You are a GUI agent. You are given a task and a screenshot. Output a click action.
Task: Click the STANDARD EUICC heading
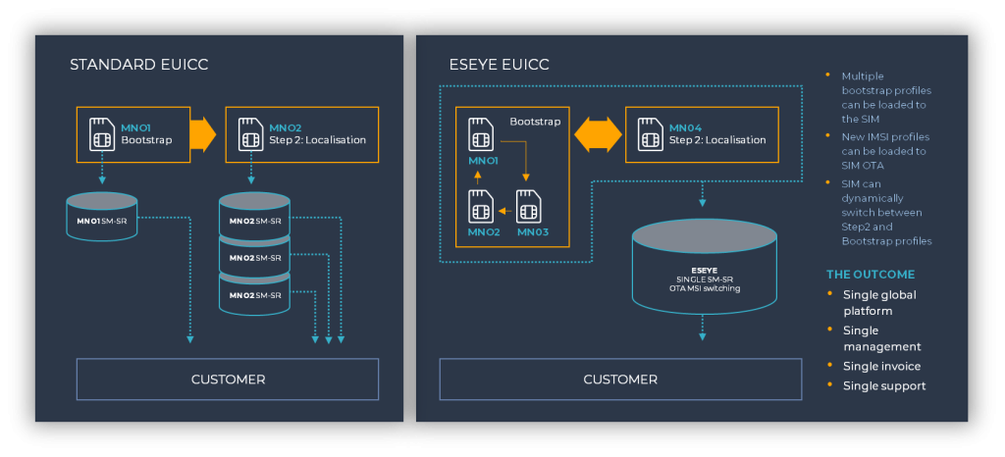pyautogui.click(x=138, y=66)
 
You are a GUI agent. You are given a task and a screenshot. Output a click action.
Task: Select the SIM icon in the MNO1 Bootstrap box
pyautogui.click(x=101, y=134)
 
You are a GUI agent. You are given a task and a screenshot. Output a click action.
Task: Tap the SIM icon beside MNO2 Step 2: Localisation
pyautogui.click(x=250, y=134)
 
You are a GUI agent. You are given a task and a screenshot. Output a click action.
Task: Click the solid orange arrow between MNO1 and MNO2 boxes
pyautogui.click(x=202, y=134)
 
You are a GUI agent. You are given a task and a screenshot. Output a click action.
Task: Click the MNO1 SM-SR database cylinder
pyautogui.click(x=102, y=219)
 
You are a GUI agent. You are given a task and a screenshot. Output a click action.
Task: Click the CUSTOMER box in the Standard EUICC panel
pyautogui.click(x=228, y=379)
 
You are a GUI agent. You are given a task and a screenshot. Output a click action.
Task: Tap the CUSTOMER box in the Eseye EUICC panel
pyautogui.click(x=620, y=379)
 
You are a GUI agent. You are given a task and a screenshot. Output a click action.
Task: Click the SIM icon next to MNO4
pyautogui.click(x=650, y=134)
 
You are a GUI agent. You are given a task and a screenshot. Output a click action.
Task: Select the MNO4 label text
pyautogui.click(x=684, y=127)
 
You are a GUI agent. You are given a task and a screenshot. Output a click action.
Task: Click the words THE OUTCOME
pyautogui.click(x=870, y=275)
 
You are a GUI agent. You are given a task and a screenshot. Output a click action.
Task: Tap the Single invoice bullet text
pyautogui.click(x=881, y=367)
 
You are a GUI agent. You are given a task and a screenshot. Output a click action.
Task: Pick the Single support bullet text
pyautogui.click(x=884, y=386)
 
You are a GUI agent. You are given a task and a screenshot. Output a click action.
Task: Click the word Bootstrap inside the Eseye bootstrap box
pyautogui.click(x=535, y=123)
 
